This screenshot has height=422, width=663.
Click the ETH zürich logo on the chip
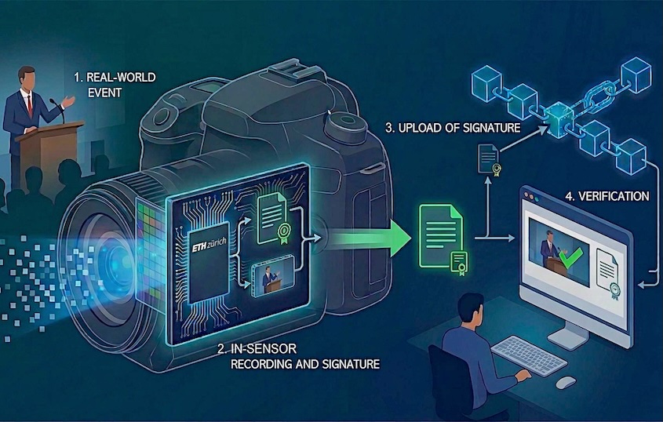(x=209, y=245)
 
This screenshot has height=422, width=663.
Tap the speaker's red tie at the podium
(x=30, y=106)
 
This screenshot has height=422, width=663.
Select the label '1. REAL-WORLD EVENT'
(x=115, y=85)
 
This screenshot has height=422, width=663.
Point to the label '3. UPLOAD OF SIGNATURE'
(x=453, y=128)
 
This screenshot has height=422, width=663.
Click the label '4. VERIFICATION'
(x=607, y=196)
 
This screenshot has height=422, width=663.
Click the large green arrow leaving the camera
(x=370, y=238)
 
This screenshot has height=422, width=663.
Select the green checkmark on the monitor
(x=570, y=257)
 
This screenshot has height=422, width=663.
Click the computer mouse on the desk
(x=566, y=382)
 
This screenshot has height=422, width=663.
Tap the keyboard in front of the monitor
(x=529, y=355)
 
